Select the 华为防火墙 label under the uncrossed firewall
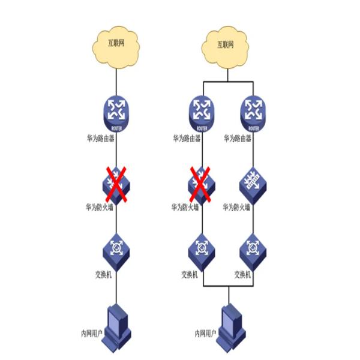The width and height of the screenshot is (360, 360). [238, 208]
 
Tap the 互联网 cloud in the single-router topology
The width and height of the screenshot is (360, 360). [116, 43]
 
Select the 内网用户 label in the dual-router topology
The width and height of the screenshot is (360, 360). [208, 332]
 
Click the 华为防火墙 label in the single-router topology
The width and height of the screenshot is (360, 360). [100, 208]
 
